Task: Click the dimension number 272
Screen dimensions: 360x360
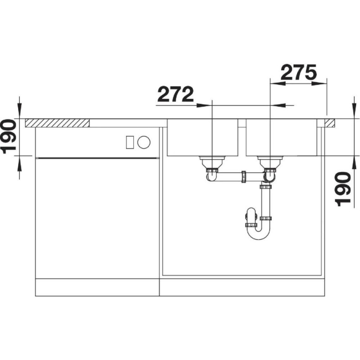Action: [x=175, y=94]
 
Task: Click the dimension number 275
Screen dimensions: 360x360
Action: [x=298, y=72]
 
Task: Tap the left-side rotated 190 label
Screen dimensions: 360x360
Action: [x=9, y=136]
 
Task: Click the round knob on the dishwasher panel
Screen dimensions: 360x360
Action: [x=144, y=142]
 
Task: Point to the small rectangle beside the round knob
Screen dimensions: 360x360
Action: [x=130, y=142]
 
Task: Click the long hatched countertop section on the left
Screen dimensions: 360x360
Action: [x=57, y=123]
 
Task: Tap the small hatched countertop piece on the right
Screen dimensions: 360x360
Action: [x=330, y=123]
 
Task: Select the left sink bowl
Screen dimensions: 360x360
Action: [x=202, y=137]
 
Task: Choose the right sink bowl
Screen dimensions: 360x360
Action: [x=282, y=137]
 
